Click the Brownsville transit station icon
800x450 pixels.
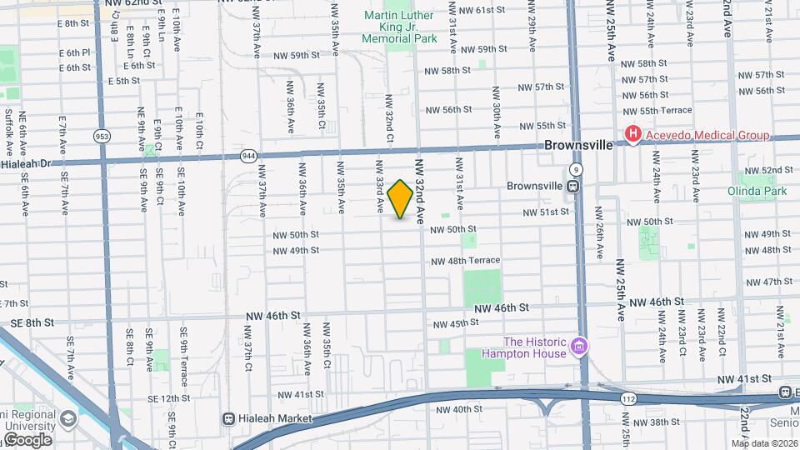[573, 186]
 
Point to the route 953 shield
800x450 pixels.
[102, 136]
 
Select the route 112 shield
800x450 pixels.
[625, 400]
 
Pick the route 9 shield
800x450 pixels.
[577, 169]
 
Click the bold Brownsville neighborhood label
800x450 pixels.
[578, 145]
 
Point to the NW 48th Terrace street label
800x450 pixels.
[465, 261]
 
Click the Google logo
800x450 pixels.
[27, 439]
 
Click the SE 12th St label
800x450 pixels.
[160, 398]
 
